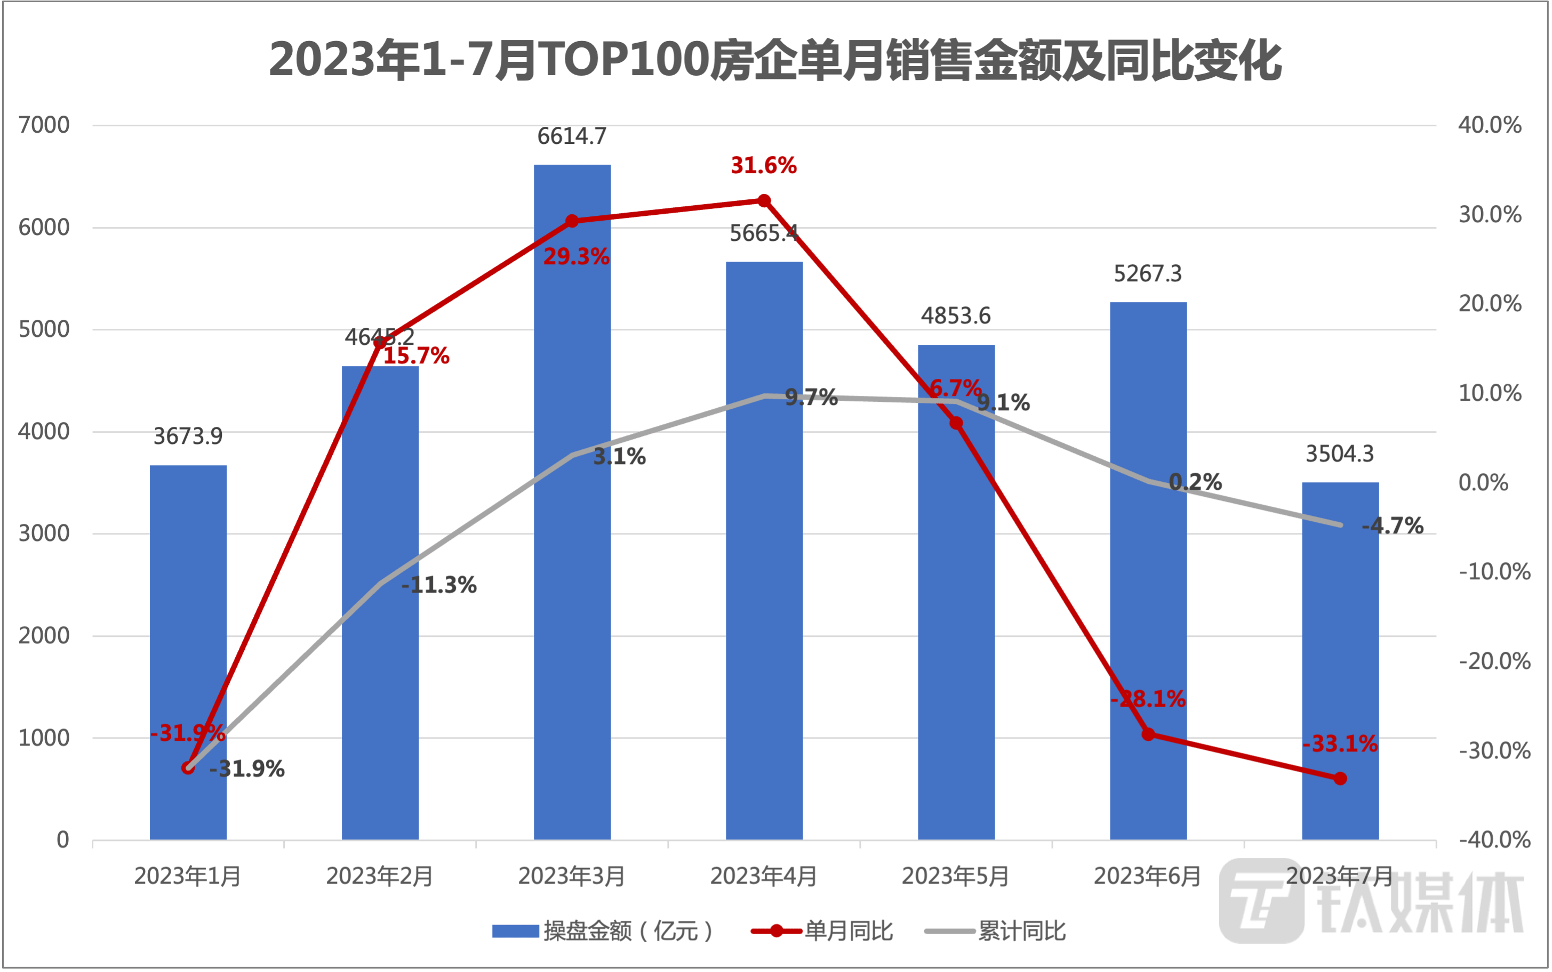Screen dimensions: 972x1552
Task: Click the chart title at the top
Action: pos(775,61)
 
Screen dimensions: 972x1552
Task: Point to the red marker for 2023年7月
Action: pos(1340,779)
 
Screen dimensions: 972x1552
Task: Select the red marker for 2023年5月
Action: pos(956,423)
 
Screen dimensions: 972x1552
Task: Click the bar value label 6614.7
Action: pos(572,137)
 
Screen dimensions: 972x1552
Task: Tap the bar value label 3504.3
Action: pos(1339,455)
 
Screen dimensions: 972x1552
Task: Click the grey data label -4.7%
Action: pos(1392,526)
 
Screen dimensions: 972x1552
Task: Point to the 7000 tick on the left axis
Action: pos(44,125)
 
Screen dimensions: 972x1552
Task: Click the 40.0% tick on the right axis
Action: pos(1490,125)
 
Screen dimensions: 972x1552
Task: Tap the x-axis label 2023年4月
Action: pos(763,876)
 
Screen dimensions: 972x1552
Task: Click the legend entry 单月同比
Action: pos(849,931)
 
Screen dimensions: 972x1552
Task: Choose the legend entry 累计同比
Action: pos(1021,931)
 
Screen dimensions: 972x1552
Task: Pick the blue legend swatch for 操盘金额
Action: pos(515,931)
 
